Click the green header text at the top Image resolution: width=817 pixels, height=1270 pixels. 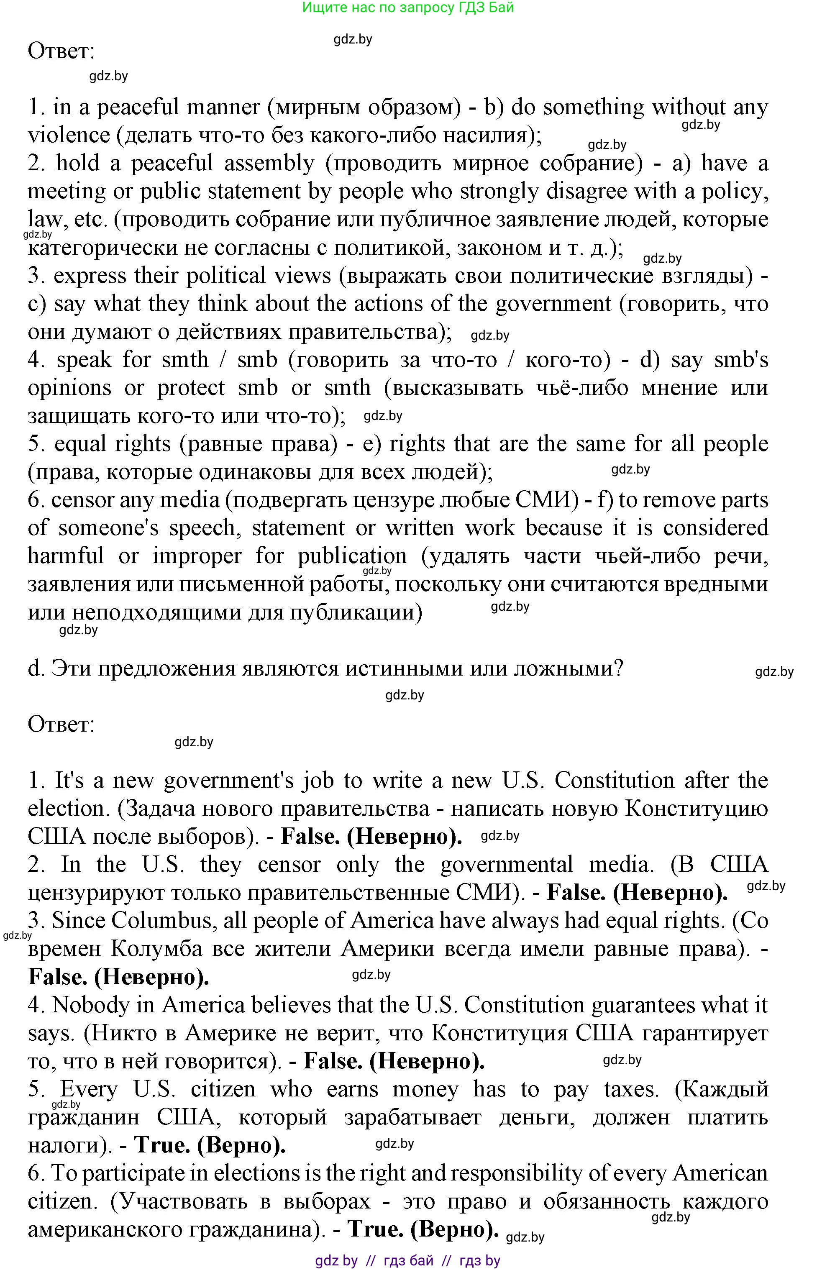(x=407, y=8)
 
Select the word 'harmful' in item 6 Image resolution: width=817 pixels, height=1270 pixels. (x=66, y=556)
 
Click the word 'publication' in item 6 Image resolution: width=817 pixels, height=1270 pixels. (x=352, y=556)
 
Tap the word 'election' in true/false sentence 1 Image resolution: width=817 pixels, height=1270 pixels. (x=65, y=809)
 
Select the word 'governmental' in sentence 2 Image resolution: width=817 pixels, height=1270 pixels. (x=506, y=865)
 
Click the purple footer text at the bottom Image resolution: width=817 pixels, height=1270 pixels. (x=407, y=1260)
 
